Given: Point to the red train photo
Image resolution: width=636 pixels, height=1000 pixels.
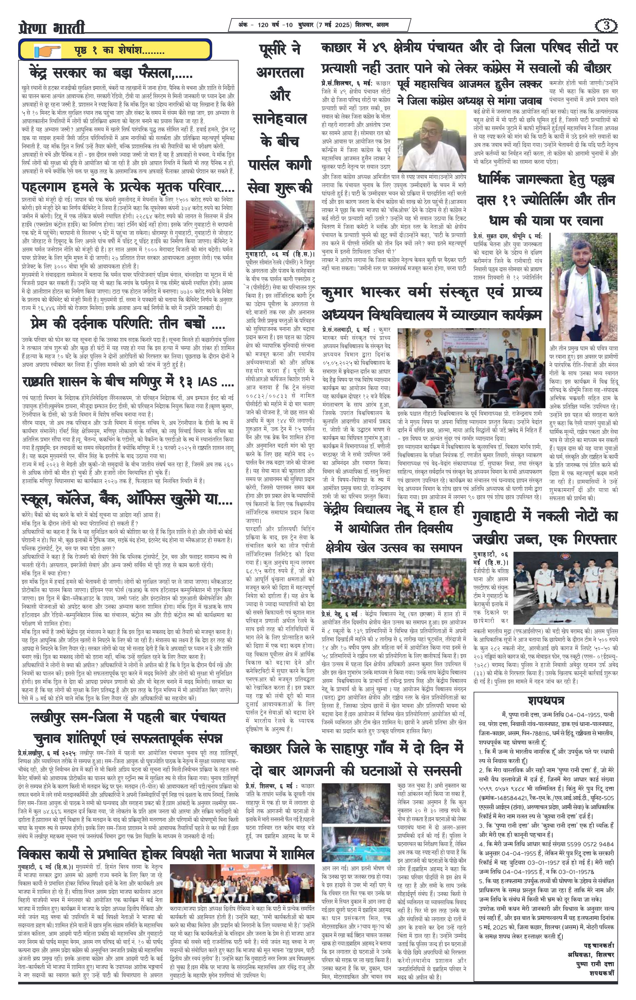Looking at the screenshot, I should click(280, 224).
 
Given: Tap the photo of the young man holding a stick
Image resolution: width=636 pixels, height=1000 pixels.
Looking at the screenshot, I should click(583, 287).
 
